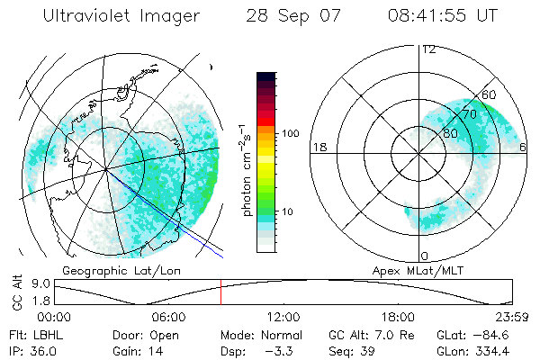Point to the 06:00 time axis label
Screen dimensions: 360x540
point(168,317)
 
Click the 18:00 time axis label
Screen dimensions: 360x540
point(398,317)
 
